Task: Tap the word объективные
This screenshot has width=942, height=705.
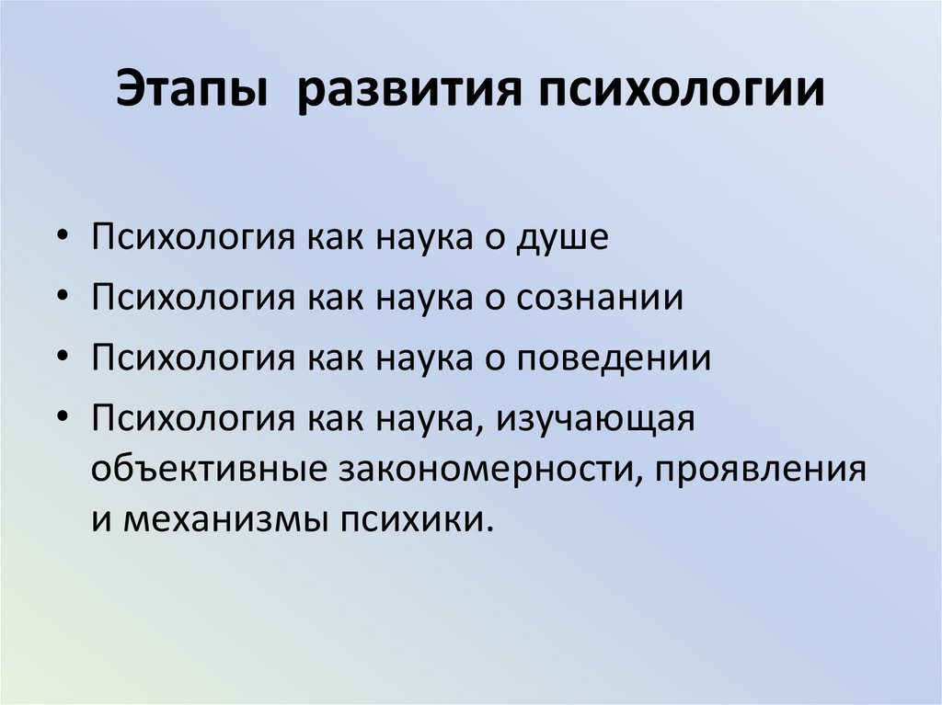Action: click(208, 469)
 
